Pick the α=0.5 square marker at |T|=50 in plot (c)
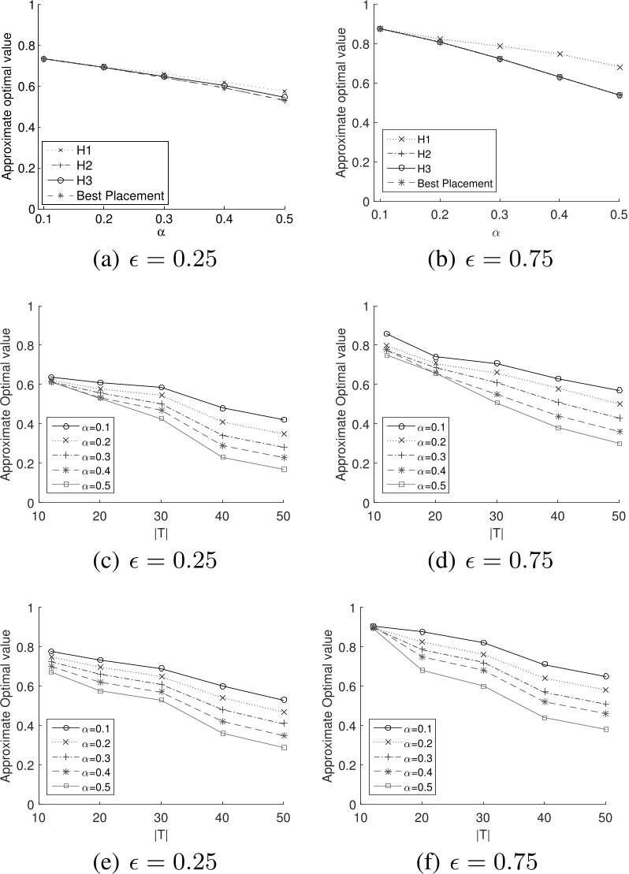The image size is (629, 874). coord(284,469)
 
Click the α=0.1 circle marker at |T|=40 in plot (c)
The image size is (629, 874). coord(223,408)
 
